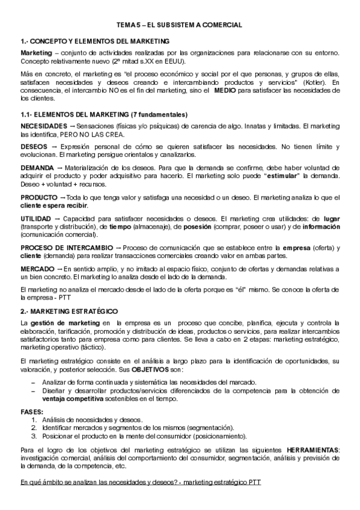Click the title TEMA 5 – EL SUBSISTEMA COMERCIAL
tap(179, 25)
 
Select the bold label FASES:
tap(31, 412)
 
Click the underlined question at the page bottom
tap(141, 484)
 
